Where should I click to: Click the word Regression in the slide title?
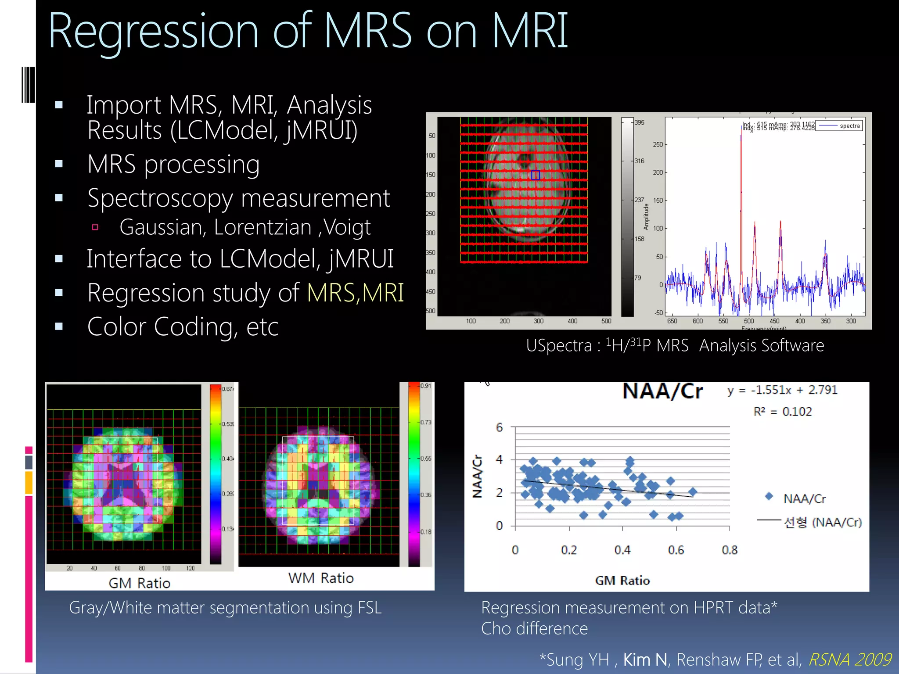(153, 32)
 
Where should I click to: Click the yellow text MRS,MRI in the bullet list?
(355, 293)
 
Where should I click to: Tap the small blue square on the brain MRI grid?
(535, 175)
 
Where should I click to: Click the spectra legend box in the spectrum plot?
(839, 126)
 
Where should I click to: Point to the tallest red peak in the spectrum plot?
(741, 136)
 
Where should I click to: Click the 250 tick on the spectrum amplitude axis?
(658, 144)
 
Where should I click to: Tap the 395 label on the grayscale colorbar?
(639, 122)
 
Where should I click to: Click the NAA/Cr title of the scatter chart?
(662, 391)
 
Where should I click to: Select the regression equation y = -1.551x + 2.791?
(782, 390)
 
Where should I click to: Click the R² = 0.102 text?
(782, 412)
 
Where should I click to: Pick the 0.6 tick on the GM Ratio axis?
(676, 550)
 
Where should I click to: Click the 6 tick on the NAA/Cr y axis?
(499, 427)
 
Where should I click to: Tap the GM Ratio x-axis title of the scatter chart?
(622, 581)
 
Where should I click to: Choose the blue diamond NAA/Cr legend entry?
(795, 498)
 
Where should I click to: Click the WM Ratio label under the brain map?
(320, 578)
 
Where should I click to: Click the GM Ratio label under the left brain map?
(139, 583)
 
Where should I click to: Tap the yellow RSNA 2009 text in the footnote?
(849, 660)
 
